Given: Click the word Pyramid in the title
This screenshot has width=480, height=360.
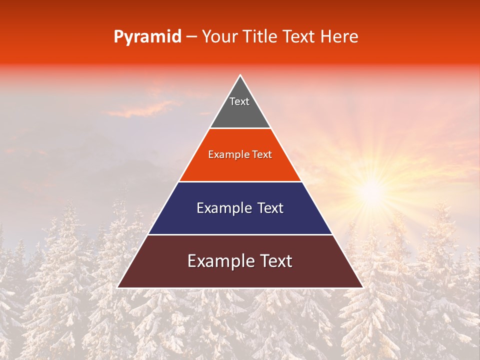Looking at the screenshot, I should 147,37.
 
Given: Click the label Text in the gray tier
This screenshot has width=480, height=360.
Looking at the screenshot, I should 239,101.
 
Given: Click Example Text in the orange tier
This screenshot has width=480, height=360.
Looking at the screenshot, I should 240,154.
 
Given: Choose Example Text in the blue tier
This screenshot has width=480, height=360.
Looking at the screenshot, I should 240,208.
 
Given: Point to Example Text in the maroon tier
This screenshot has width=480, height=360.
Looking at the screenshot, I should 240,261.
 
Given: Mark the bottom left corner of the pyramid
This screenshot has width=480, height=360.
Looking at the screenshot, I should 118,287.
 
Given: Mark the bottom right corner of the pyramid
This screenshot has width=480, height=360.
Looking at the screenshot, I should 362,287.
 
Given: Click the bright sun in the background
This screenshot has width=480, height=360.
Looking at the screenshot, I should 372,190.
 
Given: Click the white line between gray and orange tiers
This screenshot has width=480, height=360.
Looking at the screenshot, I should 240,128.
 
